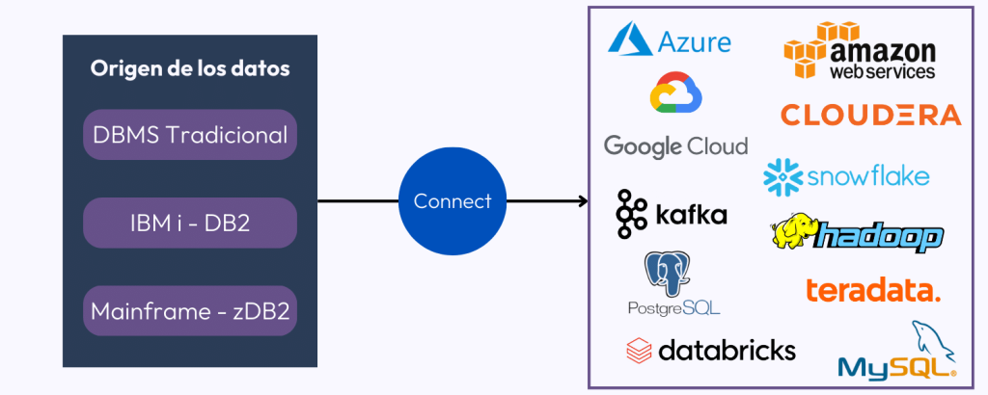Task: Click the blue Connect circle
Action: tap(452, 201)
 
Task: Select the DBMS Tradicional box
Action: tap(190, 134)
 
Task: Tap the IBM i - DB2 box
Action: tap(190, 223)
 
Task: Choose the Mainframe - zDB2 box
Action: tap(190, 311)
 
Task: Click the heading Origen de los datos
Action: tap(190, 69)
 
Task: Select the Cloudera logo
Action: tap(870, 115)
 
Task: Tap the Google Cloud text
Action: tap(675, 146)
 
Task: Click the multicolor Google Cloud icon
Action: tap(675, 93)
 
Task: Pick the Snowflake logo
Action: tap(846, 176)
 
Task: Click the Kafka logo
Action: tap(672, 214)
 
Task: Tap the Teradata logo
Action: tap(872, 289)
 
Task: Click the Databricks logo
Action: tap(710, 349)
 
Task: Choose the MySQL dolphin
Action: tap(931, 342)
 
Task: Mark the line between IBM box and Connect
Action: tap(357, 201)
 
